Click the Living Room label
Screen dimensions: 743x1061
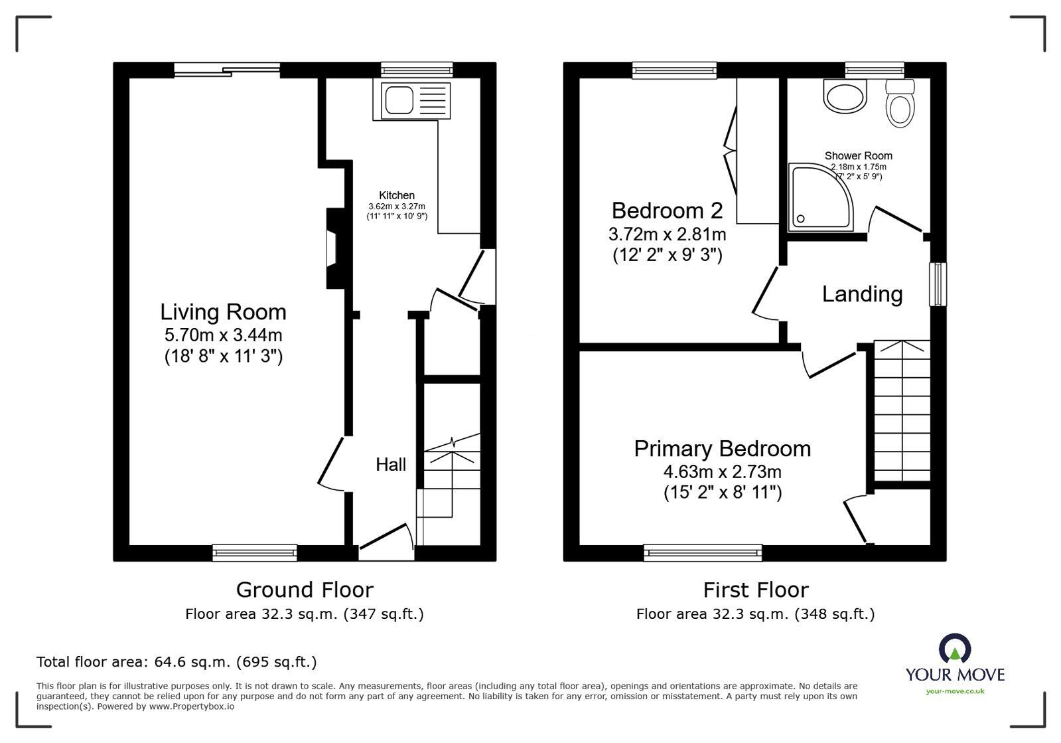223,312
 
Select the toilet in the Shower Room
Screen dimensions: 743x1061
900,105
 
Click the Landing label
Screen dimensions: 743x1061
862,294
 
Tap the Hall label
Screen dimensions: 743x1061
391,465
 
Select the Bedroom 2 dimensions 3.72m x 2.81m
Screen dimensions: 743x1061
667,234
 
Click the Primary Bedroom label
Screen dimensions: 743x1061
722,449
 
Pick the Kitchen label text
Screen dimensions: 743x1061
397,195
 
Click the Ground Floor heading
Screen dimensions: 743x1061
305,590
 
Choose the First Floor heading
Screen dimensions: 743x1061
756,590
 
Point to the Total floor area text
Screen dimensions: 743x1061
177,662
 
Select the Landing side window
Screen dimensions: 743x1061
938,284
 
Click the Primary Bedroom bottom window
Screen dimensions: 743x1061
703,552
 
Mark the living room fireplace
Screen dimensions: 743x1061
333,248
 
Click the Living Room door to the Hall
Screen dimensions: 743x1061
332,463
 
